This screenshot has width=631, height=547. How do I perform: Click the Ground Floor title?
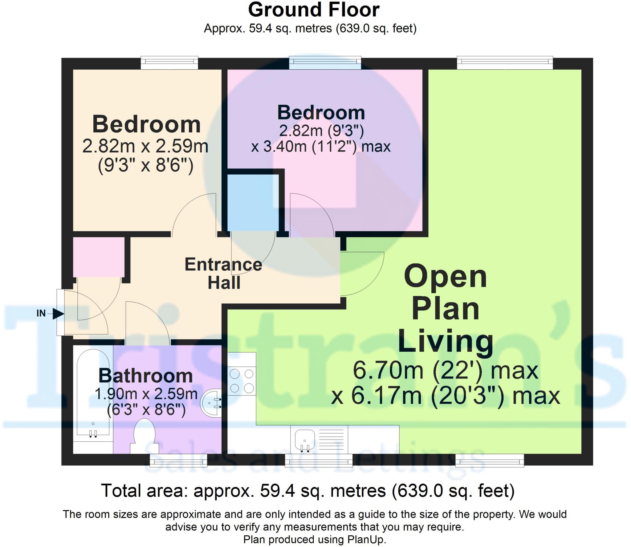pyautogui.click(x=314, y=10)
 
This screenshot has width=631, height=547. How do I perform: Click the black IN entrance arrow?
pyautogui.click(x=58, y=314)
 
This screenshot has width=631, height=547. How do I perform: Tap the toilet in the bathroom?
pyautogui.click(x=144, y=435)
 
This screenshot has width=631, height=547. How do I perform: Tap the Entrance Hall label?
pyautogui.click(x=223, y=273)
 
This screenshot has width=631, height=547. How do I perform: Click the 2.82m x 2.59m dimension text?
pyautogui.click(x=145, y=146)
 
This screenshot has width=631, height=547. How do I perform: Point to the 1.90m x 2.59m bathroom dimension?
pyautogui.click(x=146, y=394)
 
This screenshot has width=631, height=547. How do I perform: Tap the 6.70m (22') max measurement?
pyautogui.click(x=445, y=371)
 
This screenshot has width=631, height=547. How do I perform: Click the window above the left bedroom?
pyautogui.click(x=169, y=63)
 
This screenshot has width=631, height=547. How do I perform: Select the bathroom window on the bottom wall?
pyautogui.click(x=178, y=461)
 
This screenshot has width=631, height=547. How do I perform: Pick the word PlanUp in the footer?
pyautogui.click(x=366, y=540)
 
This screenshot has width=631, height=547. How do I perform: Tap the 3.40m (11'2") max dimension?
pyautogui.click(x=321, y=147)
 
